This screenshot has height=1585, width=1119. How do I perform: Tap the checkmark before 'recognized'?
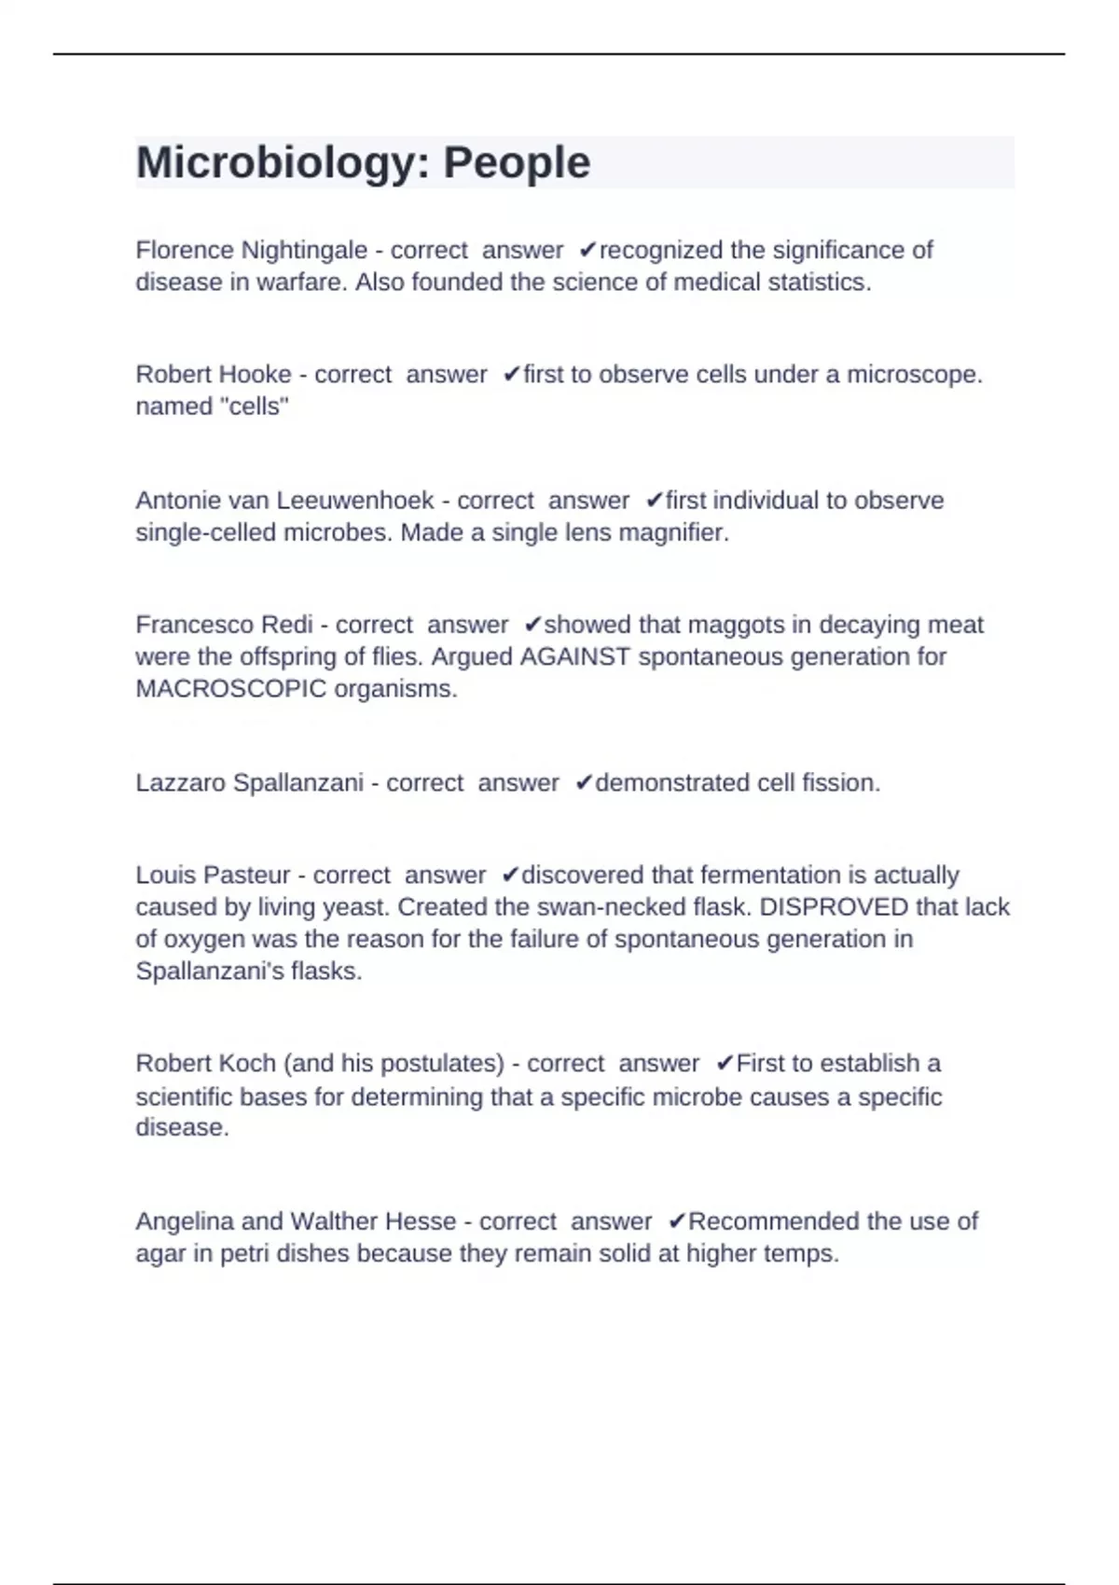[587, 250]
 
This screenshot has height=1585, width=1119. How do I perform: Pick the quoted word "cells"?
[252, 407]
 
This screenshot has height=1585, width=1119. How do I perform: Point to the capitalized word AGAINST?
[574, 657]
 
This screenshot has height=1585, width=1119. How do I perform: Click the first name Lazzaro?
[181, 782]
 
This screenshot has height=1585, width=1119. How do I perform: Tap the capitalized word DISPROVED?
[834, 907]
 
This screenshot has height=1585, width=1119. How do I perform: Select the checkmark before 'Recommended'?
[677, 1221]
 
